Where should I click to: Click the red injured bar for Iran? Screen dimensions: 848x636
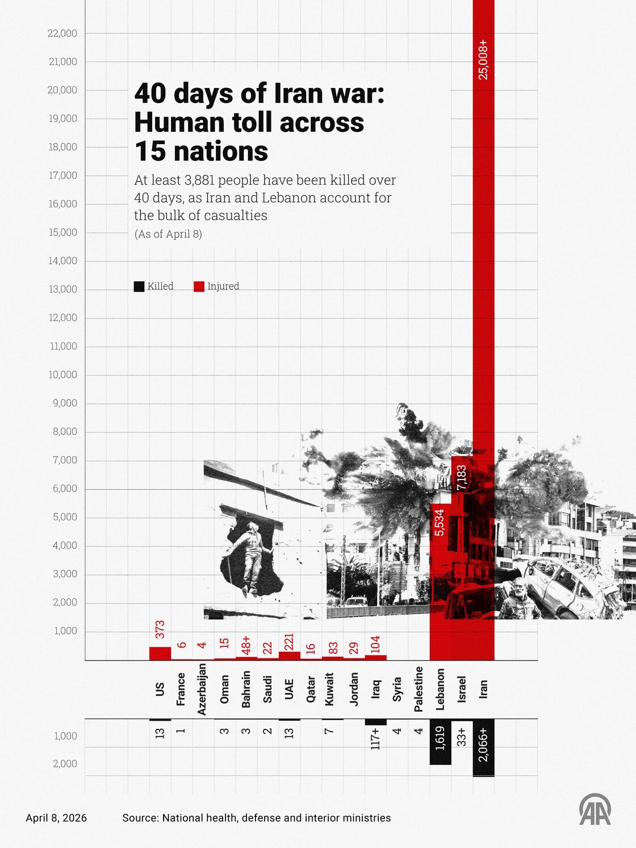click(x=483, y=341)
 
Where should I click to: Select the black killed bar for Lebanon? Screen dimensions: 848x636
click(x=440, y=742)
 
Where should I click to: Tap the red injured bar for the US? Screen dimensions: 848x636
click(x=160, y=653)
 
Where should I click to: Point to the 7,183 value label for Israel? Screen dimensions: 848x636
click(x=461, y=477)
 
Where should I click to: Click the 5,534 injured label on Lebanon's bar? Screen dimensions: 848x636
click(x=440, y=523)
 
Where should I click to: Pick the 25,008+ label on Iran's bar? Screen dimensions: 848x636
click(x=483, y=59)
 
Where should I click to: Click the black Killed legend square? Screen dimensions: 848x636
click(x=139, y=287)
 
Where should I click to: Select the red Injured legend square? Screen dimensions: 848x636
click(x=199, y=287)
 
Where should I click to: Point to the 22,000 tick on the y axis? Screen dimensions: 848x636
click(x=62, y=34)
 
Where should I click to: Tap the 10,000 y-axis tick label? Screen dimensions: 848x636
click(x=62, y=375)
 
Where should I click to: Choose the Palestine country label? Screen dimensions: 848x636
click(x=419, y=689)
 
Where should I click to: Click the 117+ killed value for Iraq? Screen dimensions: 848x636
click(x=375, y=738)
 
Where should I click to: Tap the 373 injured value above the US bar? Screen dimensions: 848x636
click(x=160, y=629)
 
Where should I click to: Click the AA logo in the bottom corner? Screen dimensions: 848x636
click(x=595, y=809)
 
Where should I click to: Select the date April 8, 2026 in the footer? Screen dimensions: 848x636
click(x=56, y=818)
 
